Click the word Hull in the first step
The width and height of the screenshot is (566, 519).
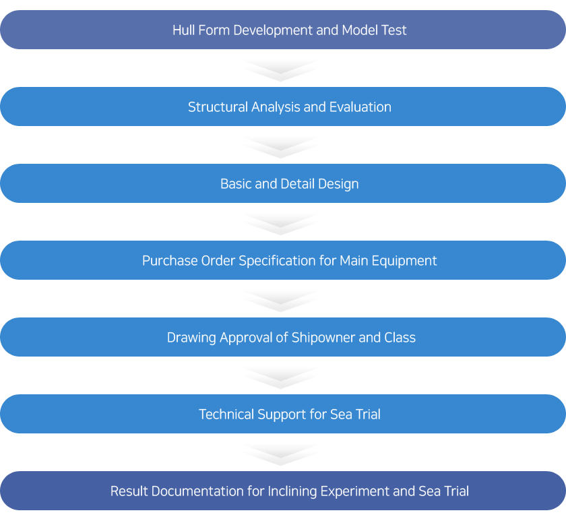point(183,30)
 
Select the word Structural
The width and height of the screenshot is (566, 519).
point(218,107)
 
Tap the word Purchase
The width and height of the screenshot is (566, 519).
point(170,261)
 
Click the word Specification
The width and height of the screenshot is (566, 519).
point(277,262)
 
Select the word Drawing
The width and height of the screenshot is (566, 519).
point(191,338)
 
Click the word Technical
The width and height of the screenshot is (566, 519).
point(226,415)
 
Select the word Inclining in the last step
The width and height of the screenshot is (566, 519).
point(292,492)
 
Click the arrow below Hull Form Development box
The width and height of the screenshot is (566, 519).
point(281,70)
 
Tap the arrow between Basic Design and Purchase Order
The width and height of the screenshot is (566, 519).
point(281,224)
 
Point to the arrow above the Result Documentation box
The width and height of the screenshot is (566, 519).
point(281,455)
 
